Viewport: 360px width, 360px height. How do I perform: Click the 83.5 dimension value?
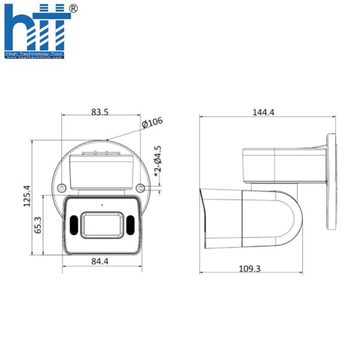point(100,112)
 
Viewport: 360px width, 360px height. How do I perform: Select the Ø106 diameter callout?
point(152,122)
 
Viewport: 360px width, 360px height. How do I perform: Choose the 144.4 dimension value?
point(263,112)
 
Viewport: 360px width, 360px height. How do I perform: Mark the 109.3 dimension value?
point(250,269)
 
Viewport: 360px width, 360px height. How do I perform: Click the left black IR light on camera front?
point(73,225)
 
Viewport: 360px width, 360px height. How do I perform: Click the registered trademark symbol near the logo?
point(73,8)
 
